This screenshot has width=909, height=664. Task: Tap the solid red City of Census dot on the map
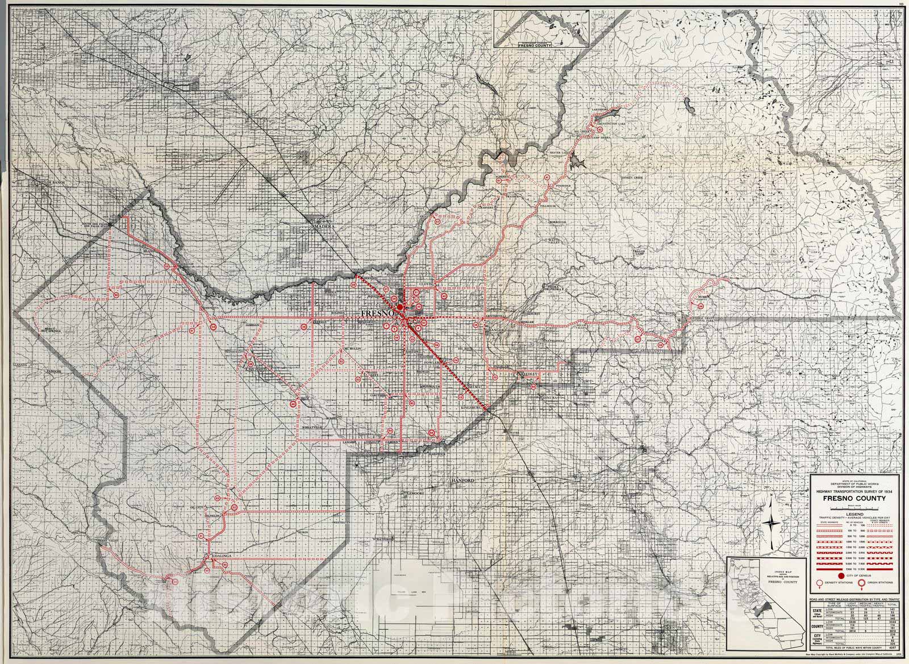click(x=400, y=307)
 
